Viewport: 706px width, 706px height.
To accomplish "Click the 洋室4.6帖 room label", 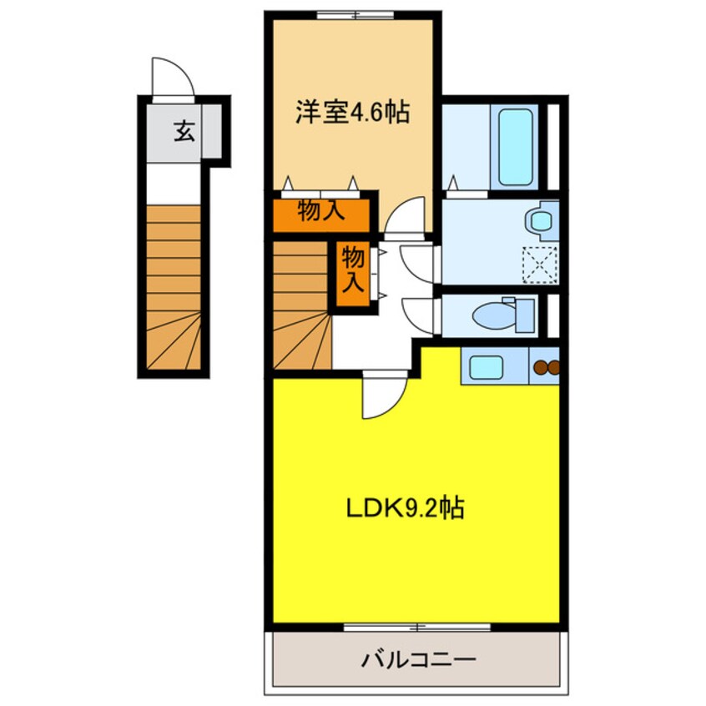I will tap(351, 113).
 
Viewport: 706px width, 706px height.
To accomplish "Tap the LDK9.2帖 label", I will tap(406, 508).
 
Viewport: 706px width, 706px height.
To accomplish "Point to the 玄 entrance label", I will tap(184, 131).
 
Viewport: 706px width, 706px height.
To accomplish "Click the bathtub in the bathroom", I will tap(514, 147).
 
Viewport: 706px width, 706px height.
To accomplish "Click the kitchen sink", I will tap(486, 366).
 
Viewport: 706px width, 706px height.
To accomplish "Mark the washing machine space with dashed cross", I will tap(539, 265).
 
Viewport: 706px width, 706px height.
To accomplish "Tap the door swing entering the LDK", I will tap(382, 397).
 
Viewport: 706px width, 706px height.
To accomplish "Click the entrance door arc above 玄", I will tap(172, 78).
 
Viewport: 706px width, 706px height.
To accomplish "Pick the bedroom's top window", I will tap(354, 14).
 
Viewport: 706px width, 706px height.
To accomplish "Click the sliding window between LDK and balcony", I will tap(416, 626).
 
